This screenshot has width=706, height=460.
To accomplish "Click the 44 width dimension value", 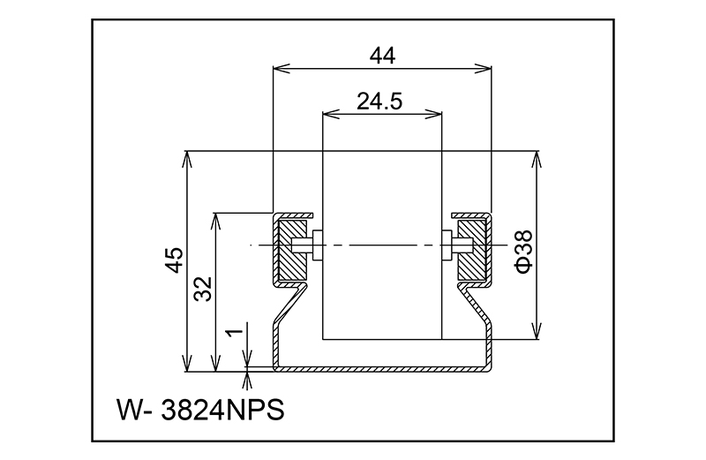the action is [382, 56].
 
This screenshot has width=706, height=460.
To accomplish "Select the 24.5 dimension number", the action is [379, 102].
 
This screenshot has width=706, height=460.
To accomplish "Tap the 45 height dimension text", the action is [174, 260].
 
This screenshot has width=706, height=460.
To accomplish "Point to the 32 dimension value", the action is [203, 289].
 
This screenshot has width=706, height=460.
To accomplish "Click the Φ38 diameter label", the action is [523, 252].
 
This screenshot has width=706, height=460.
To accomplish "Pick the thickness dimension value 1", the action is [234, 333].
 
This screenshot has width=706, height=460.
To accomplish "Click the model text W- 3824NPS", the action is [201, 410].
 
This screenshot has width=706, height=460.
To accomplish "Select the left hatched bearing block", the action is [293, 249].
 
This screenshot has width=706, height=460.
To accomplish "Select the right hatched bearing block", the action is [472, 249].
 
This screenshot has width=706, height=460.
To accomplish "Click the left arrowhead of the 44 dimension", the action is [281, 69].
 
